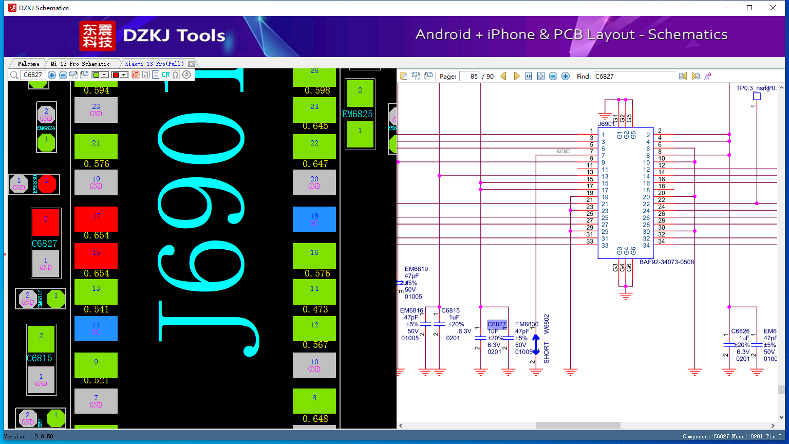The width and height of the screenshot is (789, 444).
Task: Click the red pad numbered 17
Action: (x=96, y=219)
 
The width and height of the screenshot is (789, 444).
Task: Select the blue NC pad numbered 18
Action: (x=314, y=219)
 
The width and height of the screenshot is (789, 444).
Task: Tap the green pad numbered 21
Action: (x=96, y=146)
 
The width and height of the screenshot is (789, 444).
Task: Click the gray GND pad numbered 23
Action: (x=96, y=110)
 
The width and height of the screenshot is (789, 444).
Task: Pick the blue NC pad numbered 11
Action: (x=96, y=328)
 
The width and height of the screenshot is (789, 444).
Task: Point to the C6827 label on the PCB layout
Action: (x=45, y=244)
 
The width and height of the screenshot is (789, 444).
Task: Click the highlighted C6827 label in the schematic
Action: (x=497, y=324)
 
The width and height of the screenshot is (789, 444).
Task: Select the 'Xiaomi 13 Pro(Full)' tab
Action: (x=154, y=64)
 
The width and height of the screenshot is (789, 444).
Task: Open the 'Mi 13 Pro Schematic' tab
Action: (x=81, y=64)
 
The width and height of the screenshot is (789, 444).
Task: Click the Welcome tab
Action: (x=28, y=64)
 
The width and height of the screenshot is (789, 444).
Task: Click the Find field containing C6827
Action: (x=634, y=76)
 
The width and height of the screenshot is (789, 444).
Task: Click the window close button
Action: (x=773, y=8)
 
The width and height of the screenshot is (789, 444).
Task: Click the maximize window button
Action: (x=749, y=8)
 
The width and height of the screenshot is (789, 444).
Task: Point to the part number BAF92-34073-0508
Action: (x=666, y=262)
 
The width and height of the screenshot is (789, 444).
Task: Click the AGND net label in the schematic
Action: (x=563, y=152)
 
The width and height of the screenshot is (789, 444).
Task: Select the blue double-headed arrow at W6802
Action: (x=536, y=345)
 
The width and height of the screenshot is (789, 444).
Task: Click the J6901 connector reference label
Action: (x=606, y=124)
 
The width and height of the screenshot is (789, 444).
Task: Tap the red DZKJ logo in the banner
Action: (x=98, y=36)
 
